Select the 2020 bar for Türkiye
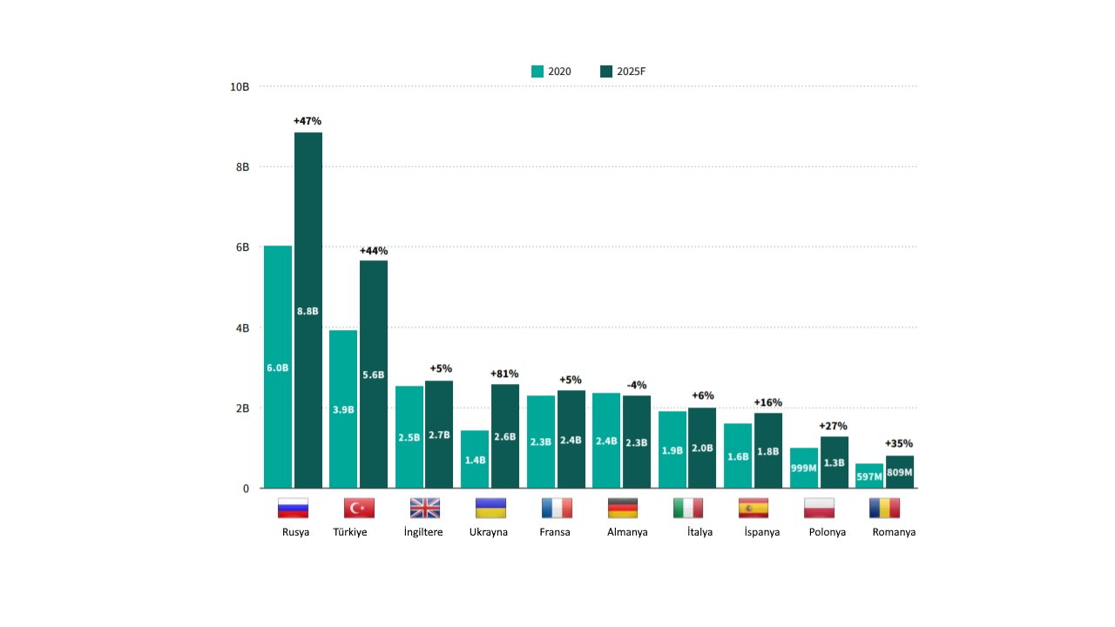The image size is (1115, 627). [x=343, y=409]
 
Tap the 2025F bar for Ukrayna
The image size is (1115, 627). [x=505, y=435]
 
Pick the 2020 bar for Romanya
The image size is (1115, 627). [x=869, y=476]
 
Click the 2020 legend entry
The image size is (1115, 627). [x=551, y=71]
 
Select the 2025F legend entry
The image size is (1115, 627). [x=623, y=71]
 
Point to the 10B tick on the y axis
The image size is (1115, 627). [x=240, y=87]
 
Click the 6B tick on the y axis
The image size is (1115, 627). [x=242, y=247]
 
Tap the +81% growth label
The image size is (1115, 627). [x=504, y=374]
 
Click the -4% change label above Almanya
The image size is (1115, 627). [x=637, y=385]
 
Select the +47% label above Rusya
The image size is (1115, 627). [x=307, y=121]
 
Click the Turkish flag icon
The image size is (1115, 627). [x=359, y=508]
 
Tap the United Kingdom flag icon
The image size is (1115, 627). [x=425, y=508]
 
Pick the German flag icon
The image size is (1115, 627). [x=623, y=508]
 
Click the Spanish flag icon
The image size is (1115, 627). [x=753, y=508]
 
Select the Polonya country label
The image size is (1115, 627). [x=828, y=532]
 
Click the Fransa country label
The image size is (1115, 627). [x=555, y=532]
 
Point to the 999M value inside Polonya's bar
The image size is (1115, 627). [x=804, y=469]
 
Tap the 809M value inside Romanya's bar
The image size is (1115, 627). [x=900, y=473]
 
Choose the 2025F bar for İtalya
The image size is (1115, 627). [x=702, y=448]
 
